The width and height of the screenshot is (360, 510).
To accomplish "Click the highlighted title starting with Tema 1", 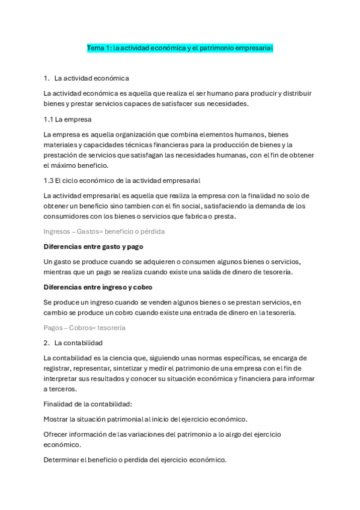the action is (x=180, y=47).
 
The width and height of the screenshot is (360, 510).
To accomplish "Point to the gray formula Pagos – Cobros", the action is (x=85, y=328).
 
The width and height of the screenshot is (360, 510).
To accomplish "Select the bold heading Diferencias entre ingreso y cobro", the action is (x=99, y=287).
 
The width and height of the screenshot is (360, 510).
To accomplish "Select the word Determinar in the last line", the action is (x=62, y=460).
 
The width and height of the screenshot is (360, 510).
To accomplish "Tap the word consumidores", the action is (x=68, y=217).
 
